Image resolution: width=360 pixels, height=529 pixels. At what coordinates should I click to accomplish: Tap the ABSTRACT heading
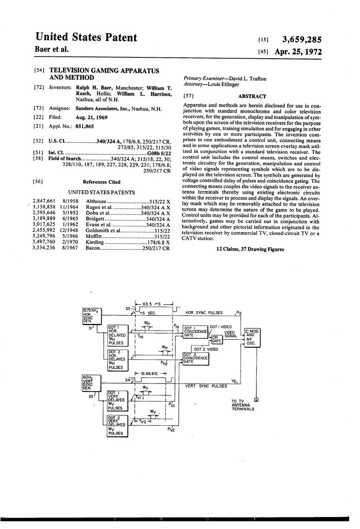coord(252,96)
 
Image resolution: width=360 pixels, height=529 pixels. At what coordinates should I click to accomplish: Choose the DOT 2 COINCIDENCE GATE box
coord(196,358)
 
